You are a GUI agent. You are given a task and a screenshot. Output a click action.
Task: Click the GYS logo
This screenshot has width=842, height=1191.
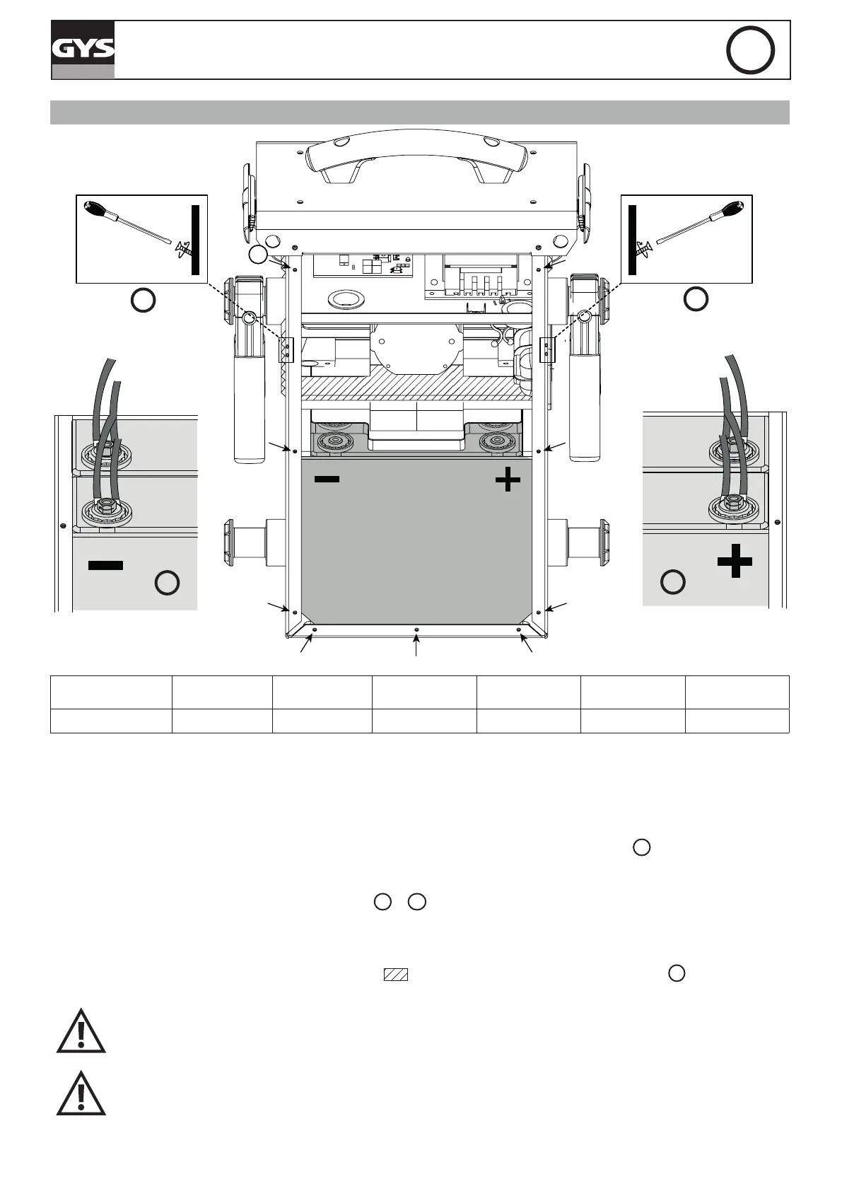(x=83, y=50)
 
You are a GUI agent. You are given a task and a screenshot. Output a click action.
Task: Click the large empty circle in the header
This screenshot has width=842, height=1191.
(x=750, y=50)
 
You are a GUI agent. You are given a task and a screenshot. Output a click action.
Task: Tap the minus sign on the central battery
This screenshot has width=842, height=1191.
(x=327, y=479)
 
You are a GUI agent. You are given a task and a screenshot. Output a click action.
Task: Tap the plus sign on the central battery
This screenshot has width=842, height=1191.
(x=508, y=481)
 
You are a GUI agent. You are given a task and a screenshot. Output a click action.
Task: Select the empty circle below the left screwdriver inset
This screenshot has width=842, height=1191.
(x=143, y=300)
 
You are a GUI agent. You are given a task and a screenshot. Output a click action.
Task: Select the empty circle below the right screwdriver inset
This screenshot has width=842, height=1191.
(x=696, y=299)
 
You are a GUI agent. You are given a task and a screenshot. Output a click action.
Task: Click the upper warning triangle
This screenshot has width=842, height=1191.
(x=81, y=1033)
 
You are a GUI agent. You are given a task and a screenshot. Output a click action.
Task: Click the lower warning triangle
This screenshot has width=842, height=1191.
(x=81, y=1095)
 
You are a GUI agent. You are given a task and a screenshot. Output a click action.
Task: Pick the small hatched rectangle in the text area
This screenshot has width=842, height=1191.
(x=396, y=974)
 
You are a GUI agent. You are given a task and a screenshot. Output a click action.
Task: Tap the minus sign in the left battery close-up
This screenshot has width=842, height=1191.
(x=106, y=565)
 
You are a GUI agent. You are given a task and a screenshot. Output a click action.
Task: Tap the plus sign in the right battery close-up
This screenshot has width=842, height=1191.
(x=735, y=562)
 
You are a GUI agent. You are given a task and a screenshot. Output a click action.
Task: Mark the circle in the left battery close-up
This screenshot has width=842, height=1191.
(x=167, y=583)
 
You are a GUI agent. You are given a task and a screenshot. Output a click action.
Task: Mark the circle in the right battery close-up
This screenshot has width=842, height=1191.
(x=672, y=581)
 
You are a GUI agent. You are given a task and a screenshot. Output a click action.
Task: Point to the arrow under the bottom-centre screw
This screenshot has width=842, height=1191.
(x=416, y=646)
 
